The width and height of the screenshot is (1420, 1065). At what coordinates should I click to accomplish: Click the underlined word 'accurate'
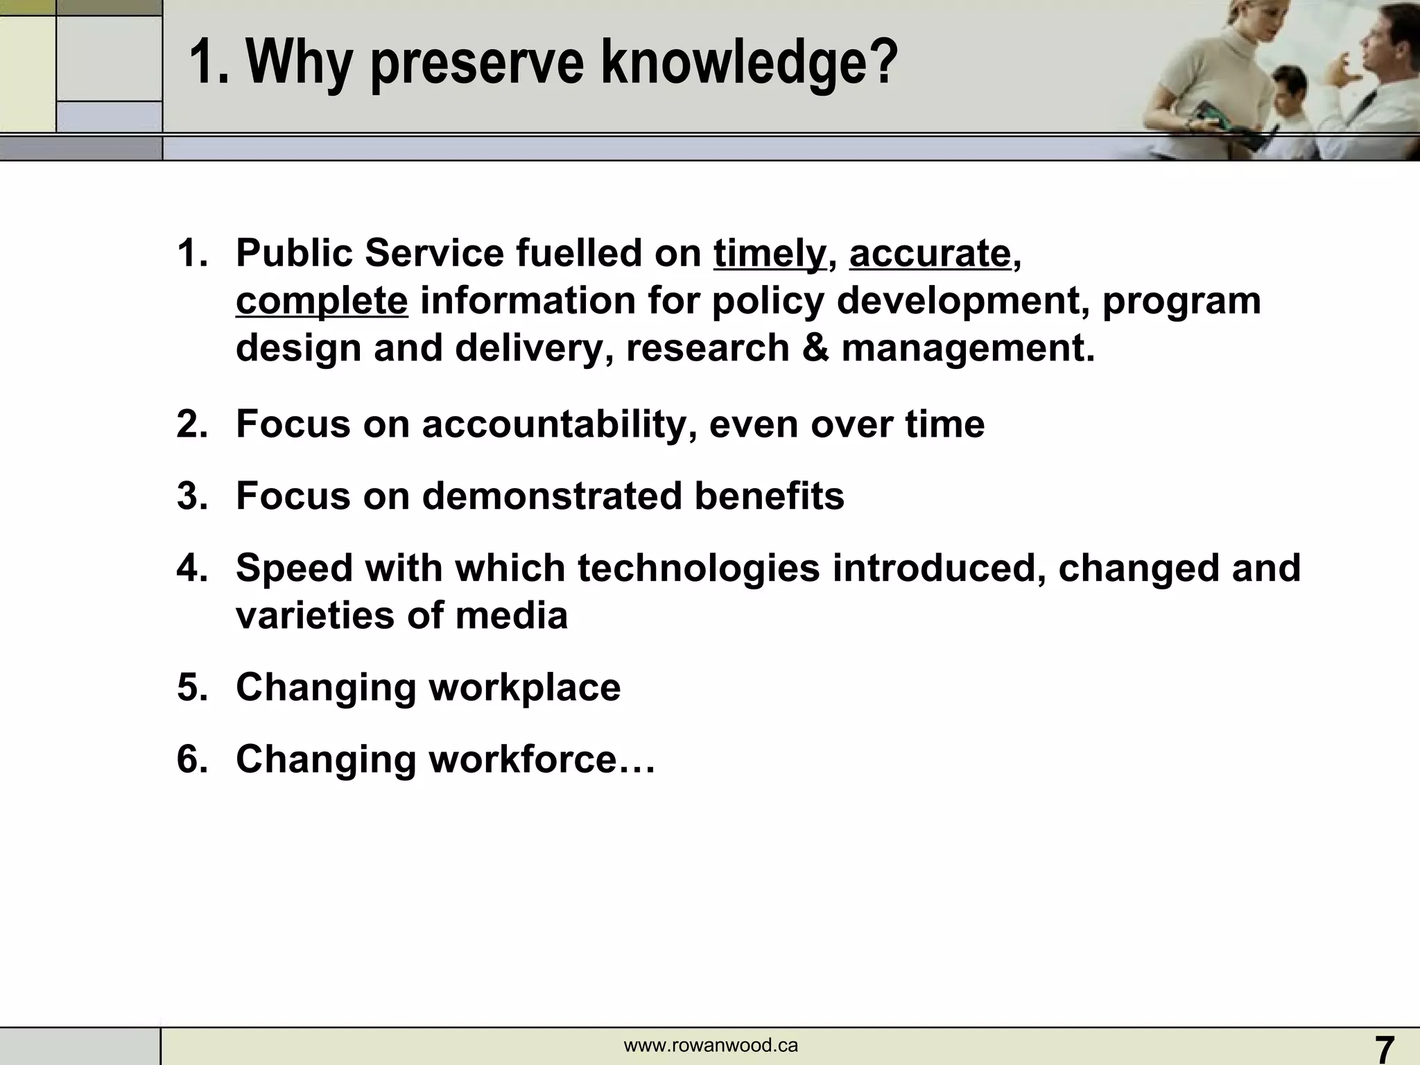(930, 253)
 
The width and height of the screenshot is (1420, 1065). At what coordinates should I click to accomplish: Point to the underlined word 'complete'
(322, 301)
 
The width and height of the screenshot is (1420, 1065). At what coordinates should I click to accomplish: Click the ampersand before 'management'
(815, 347)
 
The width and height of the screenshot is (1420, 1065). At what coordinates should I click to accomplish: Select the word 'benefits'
(769, 496)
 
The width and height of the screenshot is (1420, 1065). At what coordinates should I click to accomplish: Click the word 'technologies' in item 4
(698, 568)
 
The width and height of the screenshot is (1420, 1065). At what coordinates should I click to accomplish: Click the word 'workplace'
(524, 687)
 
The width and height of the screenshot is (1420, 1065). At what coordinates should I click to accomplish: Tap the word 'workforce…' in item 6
(542, 759)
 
